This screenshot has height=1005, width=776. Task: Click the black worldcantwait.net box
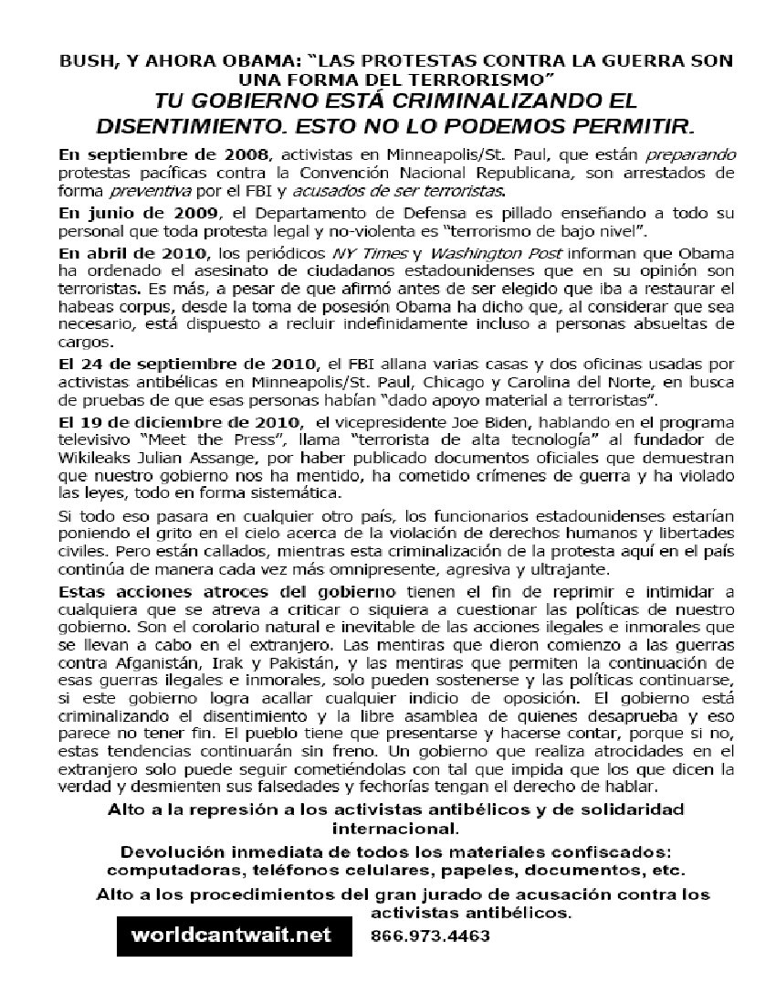click(233, 936)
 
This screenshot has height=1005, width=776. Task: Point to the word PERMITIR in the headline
click(628, 122)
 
